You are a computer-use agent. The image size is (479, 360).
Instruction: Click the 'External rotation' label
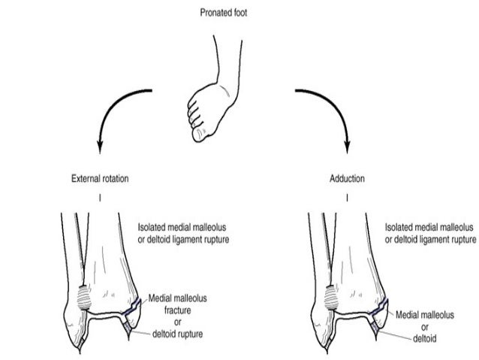pyautogui.click(x=99, y=180)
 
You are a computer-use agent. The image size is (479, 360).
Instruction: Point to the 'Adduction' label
pyautogui.click(x=347, y=180)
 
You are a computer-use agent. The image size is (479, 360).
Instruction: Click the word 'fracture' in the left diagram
pyautogui.click(x=178, y=309)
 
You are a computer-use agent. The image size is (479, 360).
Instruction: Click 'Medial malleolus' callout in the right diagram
pyautogui.click(x=426, y=304)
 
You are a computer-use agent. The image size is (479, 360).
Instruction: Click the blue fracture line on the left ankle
pyautogui.click(x=133, y=307)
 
